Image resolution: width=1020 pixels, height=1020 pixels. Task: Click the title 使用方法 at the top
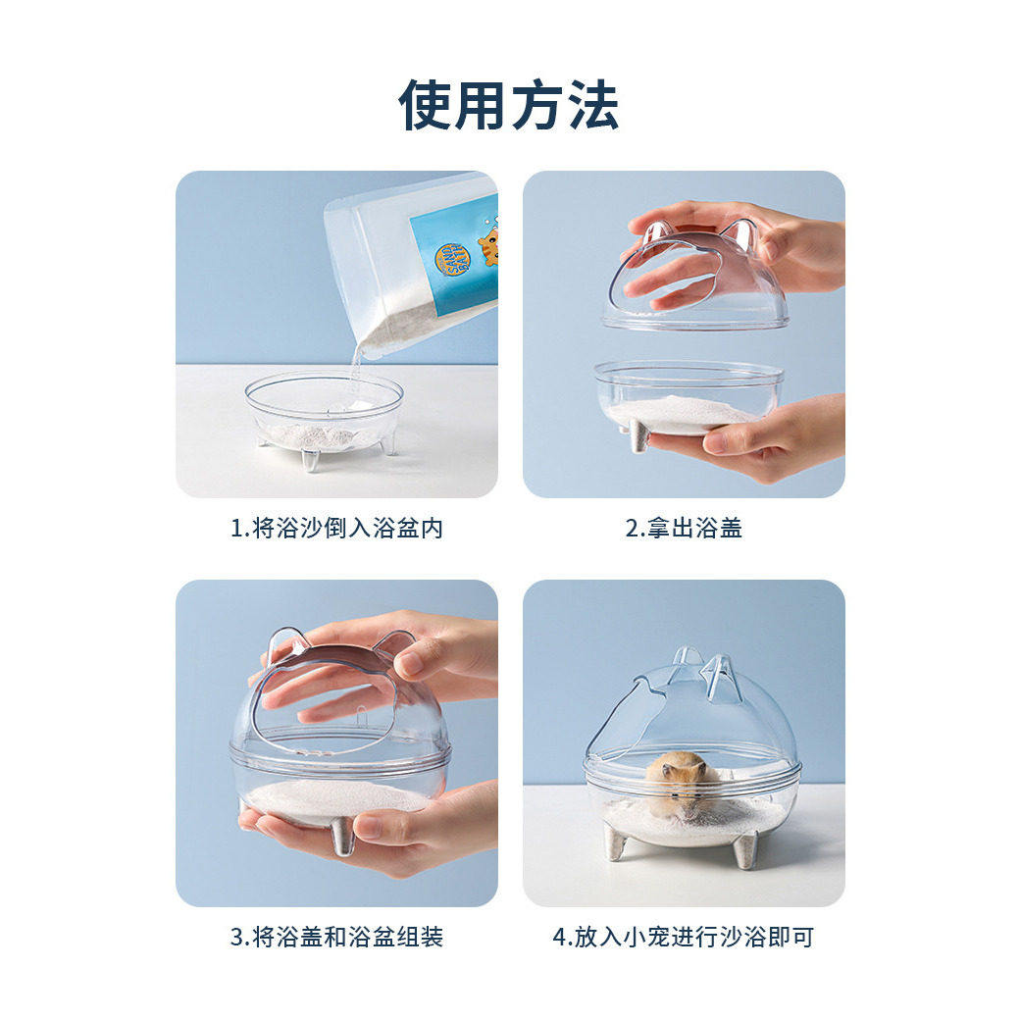click(x=509, y=104)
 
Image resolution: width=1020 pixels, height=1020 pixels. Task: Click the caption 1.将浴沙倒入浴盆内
click(x=336, y=528)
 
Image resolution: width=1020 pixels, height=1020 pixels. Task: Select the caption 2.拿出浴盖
click(x=684, y=528)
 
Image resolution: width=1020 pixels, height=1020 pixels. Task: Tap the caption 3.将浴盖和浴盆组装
click(x=336, y=937)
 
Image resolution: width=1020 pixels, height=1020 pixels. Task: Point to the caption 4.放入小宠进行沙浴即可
click(x=684, y=937)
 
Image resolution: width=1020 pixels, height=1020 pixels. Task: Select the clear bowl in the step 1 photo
click(x=324, y=412)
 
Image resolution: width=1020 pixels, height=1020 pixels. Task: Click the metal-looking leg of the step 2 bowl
click(x=639, y=437)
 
